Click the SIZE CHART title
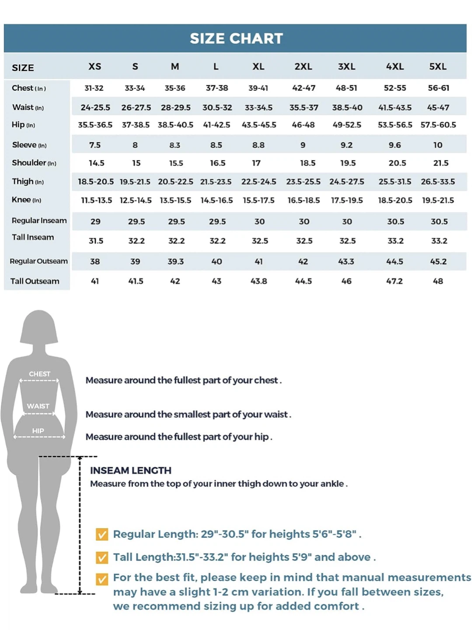236,38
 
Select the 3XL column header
346,66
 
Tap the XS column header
94,66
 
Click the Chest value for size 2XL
304,88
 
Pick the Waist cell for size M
175,108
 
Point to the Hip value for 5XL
438,125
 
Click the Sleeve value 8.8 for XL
258,145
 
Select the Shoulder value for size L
217,163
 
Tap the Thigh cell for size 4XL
395,182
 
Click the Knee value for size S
136,200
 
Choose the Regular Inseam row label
39,220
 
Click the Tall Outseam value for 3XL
346,281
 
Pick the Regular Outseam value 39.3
175,262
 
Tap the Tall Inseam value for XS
96,241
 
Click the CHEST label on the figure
39,374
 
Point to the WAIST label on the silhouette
38,406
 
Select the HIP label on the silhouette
38,431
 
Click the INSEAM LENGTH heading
130,470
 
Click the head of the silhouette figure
39,327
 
